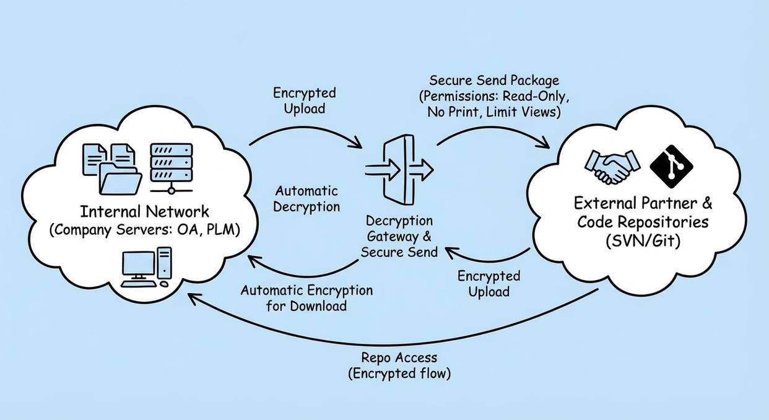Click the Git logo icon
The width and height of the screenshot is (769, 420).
(x=670, y=167)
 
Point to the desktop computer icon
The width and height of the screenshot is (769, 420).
(x=146, y=267)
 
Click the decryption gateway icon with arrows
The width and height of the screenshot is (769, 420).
(x=399, y=168)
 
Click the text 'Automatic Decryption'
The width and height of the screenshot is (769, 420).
(x=307, y=198)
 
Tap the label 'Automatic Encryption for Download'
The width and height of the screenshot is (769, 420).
(x=306, y=298)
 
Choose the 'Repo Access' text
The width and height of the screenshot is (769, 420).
(x=399, y=357)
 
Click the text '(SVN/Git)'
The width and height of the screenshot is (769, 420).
(x=643, y=240)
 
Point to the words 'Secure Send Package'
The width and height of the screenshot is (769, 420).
(x=494, y=81)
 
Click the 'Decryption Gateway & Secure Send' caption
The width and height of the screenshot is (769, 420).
(x=399, y=236)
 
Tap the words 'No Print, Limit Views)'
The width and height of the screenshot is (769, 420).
(x=493, y=112)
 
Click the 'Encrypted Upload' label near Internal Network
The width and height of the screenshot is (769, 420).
(x=305, y=100)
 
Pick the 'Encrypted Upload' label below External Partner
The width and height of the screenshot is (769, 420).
(x=489, y=283)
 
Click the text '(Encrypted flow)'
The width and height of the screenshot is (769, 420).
(x=399, y=374)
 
